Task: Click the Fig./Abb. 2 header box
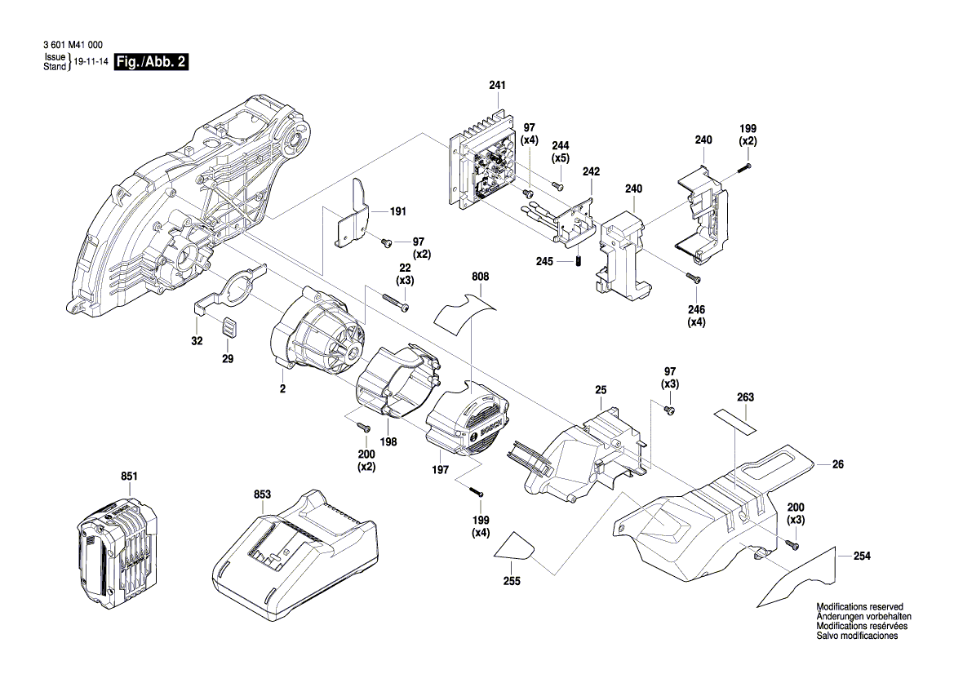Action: click(152, 63)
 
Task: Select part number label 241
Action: click(497, 86)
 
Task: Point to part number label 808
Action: click(480, 277)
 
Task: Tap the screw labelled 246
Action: click(694, 278)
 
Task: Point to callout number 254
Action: click(862, 556)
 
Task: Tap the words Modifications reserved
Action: click(859, 607)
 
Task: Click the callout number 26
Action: click(837, 464)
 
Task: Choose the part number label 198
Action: click(388, 441)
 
